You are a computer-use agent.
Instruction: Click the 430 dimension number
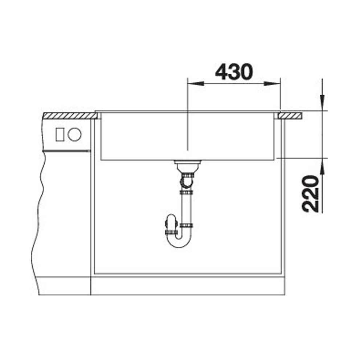234,72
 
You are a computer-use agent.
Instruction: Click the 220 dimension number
311,193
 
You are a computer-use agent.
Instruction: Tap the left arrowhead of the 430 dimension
196,83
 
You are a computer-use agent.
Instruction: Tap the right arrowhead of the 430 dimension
272,83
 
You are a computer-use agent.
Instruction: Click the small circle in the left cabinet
75,134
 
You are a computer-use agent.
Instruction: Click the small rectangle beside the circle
60,134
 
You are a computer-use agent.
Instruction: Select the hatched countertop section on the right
290,116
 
